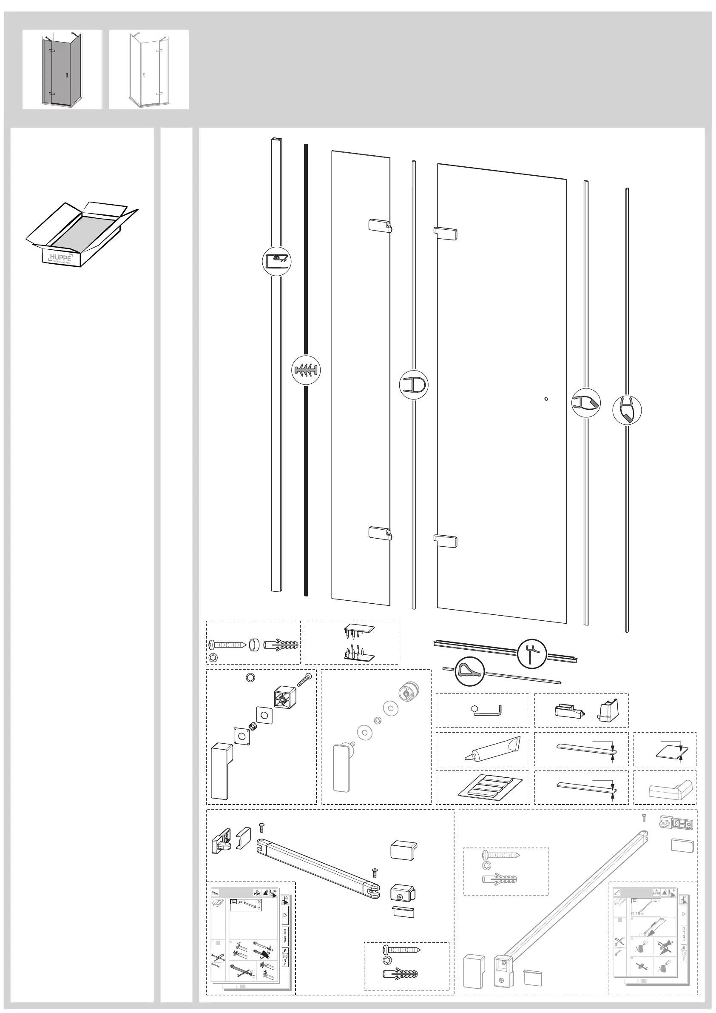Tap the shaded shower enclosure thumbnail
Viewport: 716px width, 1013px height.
[x=62, y=69]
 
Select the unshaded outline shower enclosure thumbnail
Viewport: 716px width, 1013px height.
[x=149, y=69]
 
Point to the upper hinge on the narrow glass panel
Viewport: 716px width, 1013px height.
[x=380, y=225]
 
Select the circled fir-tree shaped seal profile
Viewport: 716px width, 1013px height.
[x=306, y=370]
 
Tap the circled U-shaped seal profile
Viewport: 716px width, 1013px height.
[x=413, y=385]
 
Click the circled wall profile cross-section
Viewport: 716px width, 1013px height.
[x=276, y=261]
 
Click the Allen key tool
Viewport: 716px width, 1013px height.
[x=487, y=711]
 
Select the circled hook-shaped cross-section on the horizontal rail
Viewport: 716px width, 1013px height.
[x=532, y=654]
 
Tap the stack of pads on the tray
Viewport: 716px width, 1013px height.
[x=489, y=788]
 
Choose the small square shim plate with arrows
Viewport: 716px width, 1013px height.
[x=666, y=749]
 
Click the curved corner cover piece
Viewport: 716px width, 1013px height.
[x=671, y=788]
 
